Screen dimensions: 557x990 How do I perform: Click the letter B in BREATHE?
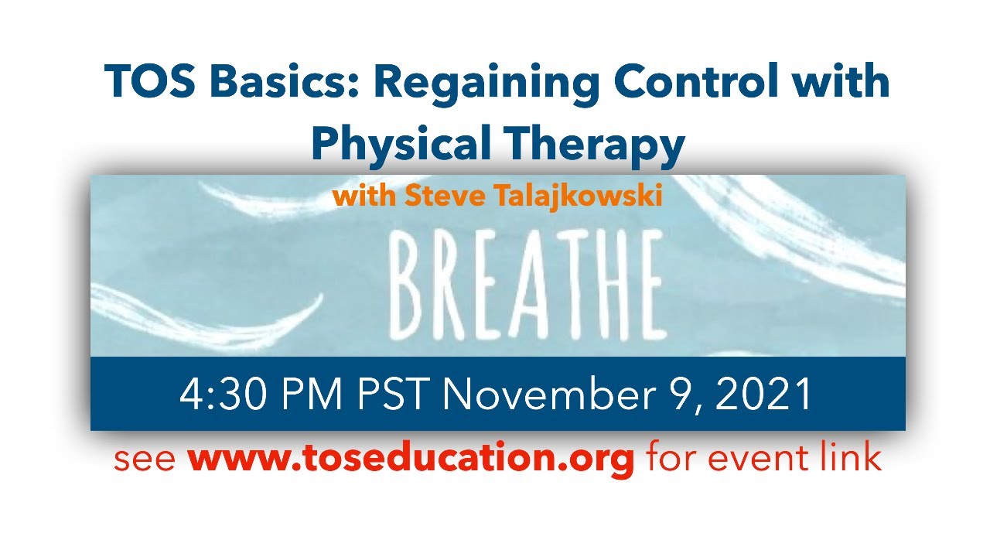pyautogui.click(x=413, y=287)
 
